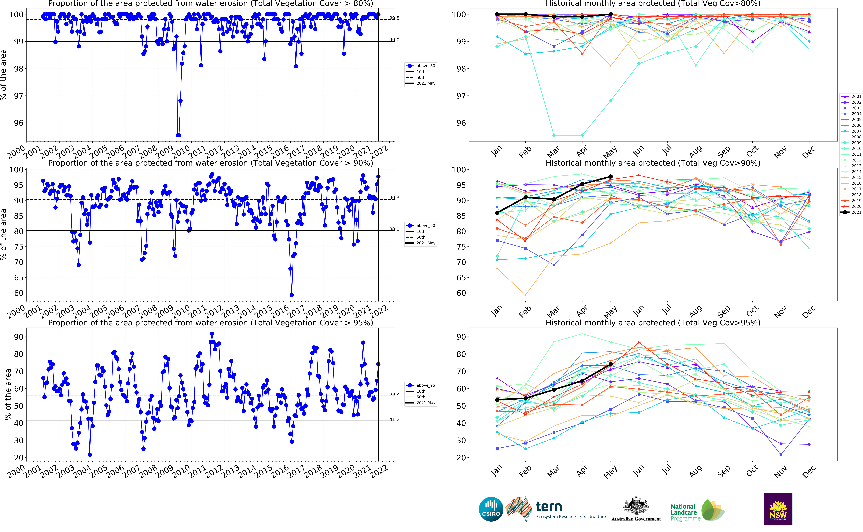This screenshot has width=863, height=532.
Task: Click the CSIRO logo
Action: (x=491, y=509)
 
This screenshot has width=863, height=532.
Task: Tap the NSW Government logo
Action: (x=778, y=509)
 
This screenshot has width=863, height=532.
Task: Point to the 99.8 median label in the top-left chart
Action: (x=394, y=18)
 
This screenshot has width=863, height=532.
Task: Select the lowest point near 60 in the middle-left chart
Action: (x=292, y=295)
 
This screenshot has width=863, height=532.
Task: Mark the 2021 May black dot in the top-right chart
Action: (x=611, y=14)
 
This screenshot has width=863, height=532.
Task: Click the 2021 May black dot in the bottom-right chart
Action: (x=611, y=364)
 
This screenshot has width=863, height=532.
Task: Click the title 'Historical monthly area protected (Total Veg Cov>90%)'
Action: (x=653, y=163)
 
